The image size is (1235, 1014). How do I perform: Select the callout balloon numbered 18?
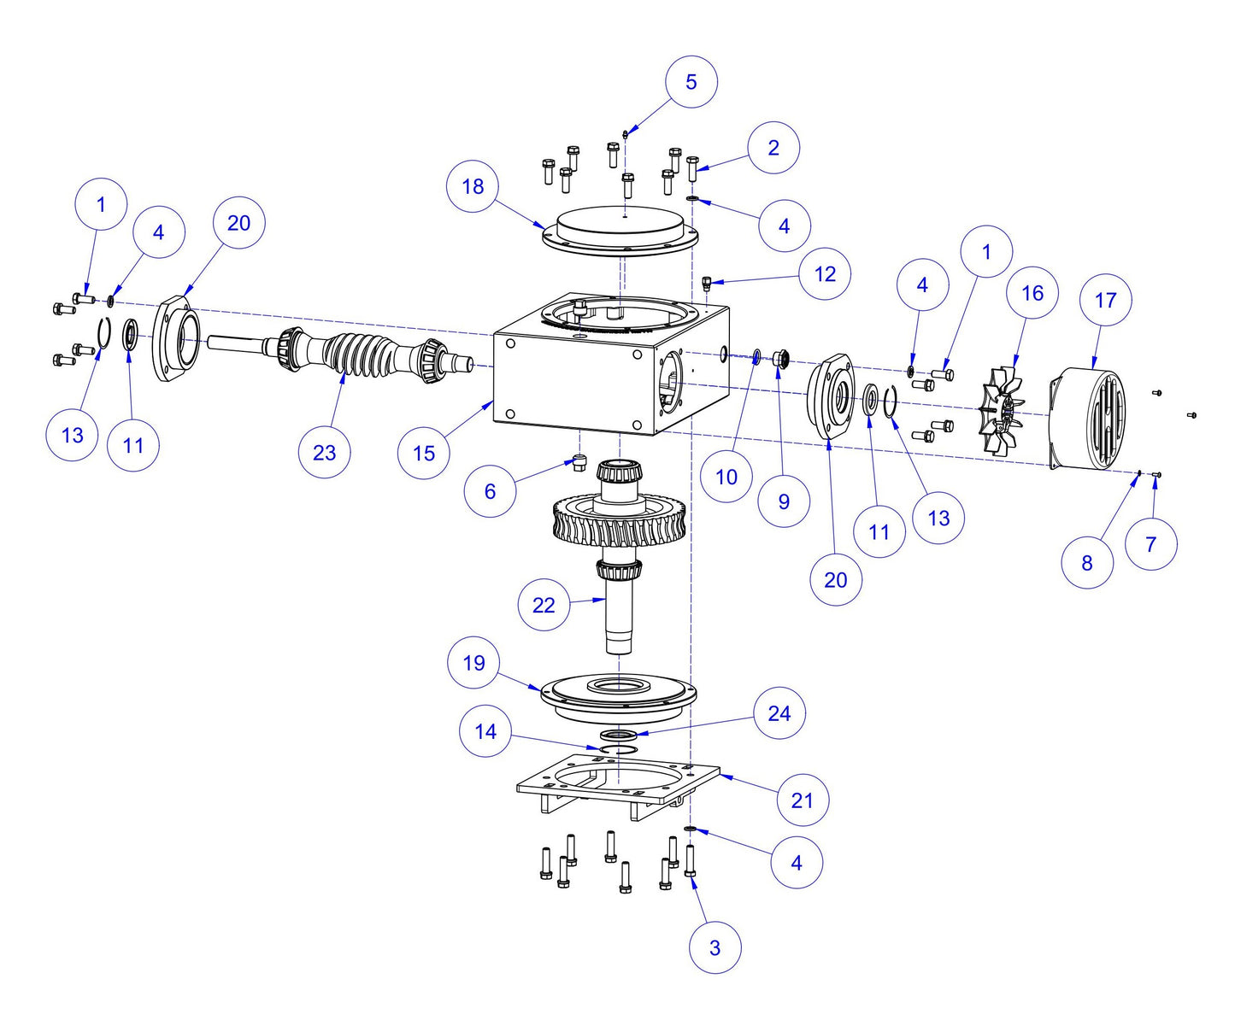(x=473, y=186)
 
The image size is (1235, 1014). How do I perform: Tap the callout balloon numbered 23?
(x=324, y=452)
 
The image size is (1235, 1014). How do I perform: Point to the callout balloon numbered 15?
(x=424, y=453)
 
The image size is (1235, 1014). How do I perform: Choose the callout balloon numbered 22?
(x=544, y=605)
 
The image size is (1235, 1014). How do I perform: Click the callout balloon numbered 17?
(x=1105, y=300)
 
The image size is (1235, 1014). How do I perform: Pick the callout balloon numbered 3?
(x=715, y=947)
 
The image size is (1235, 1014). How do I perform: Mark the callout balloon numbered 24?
(x=779, y=713)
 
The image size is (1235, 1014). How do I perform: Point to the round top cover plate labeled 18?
(x=620, y=228)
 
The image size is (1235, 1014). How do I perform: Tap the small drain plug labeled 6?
(x=579, y=463)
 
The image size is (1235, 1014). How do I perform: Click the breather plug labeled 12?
(x=707, y=283)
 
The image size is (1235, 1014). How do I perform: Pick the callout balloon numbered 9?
(x=784, y=501)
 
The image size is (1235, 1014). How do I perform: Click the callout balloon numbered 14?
(x=485, y=732)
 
